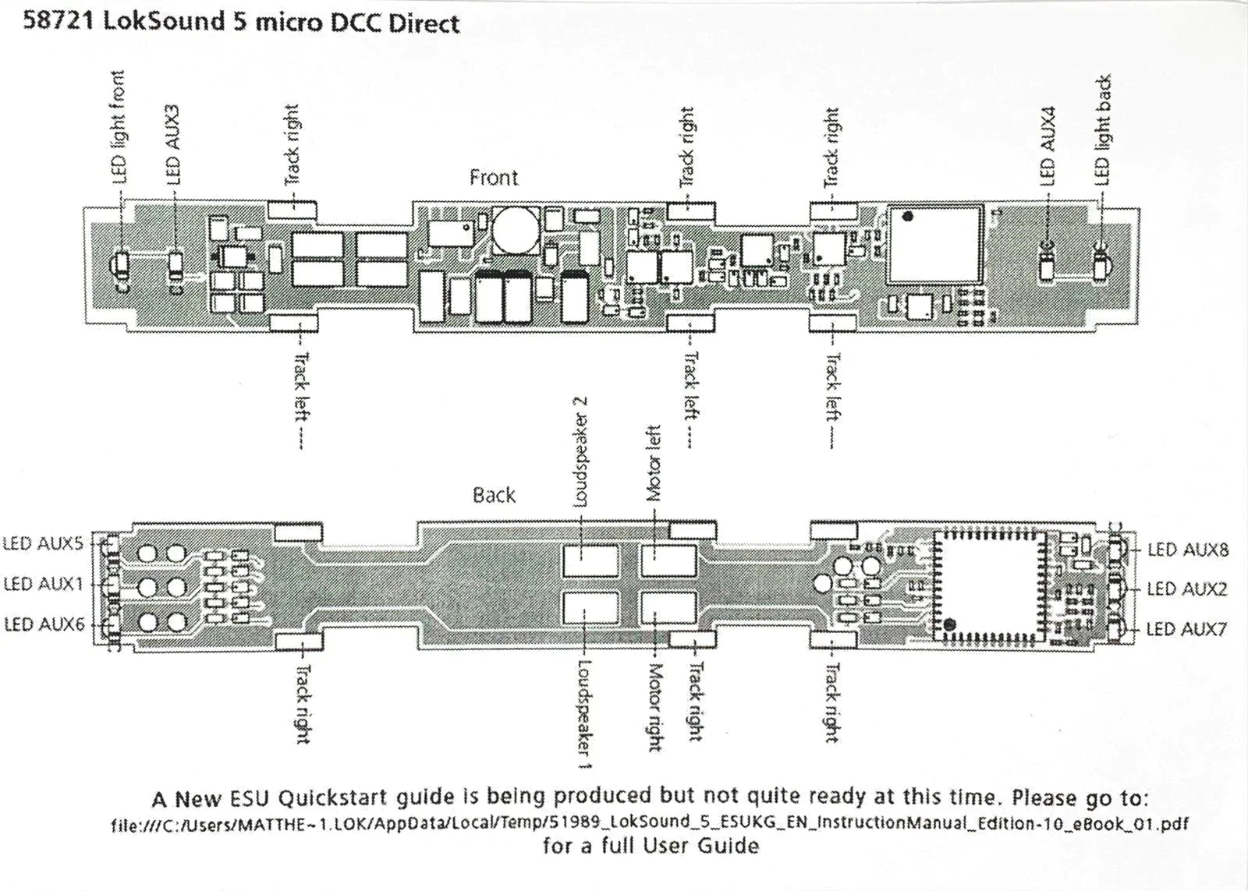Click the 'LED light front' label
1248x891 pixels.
118,127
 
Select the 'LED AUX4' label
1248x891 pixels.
1049,147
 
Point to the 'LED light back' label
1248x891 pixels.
1102,130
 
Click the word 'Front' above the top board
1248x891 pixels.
493,179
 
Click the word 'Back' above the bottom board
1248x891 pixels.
494,496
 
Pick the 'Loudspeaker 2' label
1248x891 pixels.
581,451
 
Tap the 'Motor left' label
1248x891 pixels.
654,463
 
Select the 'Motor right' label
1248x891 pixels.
654,707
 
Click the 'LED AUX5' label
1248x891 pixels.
43,543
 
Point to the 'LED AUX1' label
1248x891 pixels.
43,584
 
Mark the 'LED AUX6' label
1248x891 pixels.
44,624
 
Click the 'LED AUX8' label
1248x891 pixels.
1187,550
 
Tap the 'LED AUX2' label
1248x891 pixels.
1186,589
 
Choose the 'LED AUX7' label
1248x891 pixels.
1186,629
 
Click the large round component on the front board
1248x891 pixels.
514,230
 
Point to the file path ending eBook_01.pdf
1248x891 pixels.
651,823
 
